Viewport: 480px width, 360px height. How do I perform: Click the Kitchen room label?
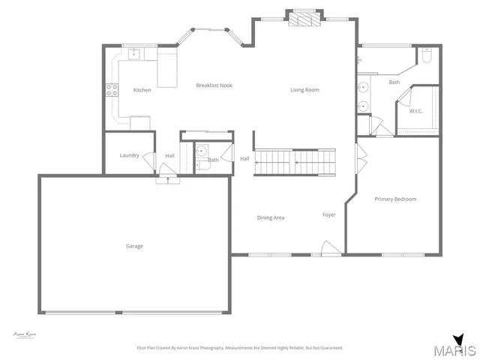(142, 90)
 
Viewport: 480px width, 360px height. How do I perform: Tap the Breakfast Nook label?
(214, 85)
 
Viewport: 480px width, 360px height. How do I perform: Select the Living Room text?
(304, 90)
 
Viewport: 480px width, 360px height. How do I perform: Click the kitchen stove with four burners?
(112, 89)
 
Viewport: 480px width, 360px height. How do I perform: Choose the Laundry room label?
(129, 155)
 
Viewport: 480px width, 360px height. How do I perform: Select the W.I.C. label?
(415, 111)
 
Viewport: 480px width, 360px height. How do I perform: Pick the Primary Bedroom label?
(395, 199)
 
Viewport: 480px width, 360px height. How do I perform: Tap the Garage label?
(134, 246)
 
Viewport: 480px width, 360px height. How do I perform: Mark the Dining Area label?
(271, 217)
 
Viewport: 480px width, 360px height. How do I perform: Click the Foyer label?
(329, 214)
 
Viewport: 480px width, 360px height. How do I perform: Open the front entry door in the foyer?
(327, 248)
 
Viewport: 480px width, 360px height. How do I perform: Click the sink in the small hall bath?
(200, 151)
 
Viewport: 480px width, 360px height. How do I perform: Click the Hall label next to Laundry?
(169, 155)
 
